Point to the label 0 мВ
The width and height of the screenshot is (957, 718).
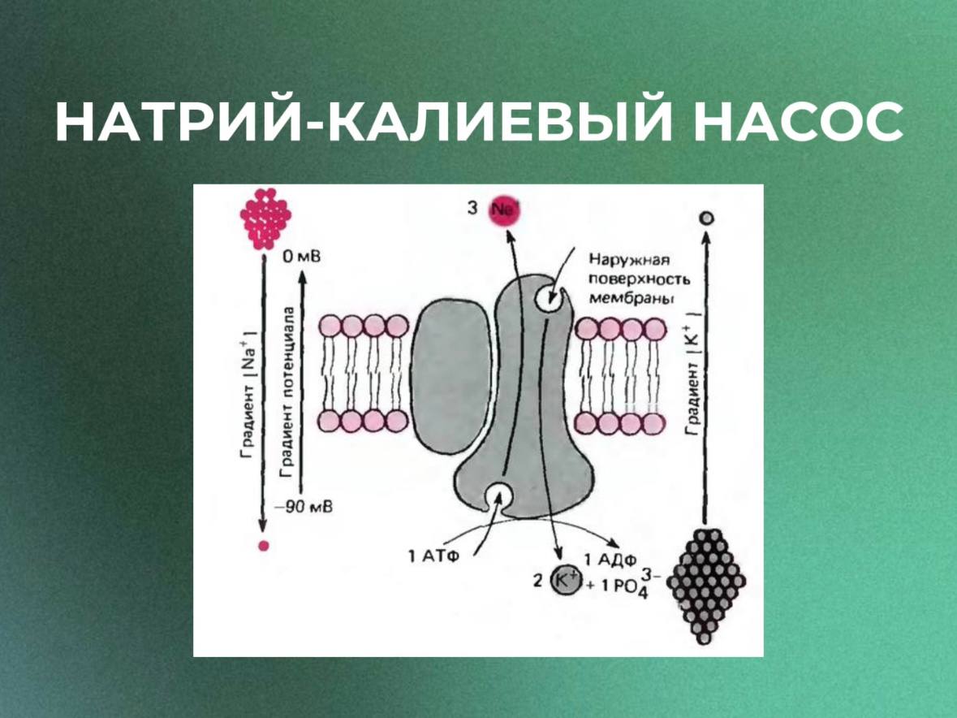pos(301,258)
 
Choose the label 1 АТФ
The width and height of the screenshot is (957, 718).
pos(432,556)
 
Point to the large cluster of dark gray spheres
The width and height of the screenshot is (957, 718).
pos(705,582)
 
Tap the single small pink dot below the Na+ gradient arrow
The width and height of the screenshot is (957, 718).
pos(262,546)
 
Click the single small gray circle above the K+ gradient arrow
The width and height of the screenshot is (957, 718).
pos(707,218)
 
